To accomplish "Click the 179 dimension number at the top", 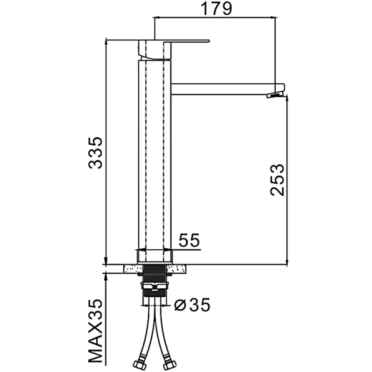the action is [216, 9].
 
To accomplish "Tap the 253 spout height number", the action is [277, 180].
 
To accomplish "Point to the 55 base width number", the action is [189, 240].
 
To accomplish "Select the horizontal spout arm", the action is [227, 89].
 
